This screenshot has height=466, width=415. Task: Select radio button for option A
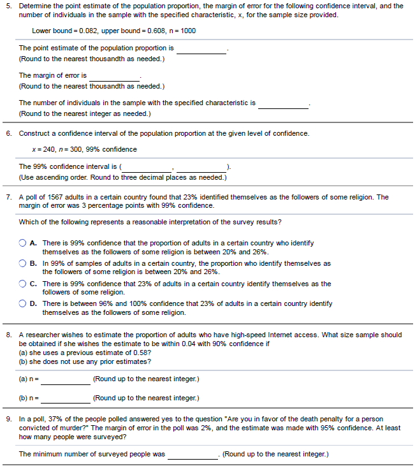point(23,243)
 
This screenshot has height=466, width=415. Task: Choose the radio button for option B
point(23,263)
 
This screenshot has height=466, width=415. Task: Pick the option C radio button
point(23,284)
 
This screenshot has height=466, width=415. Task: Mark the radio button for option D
point(23,304)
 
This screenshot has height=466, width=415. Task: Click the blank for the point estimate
point(201,49)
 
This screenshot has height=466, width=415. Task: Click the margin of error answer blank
point(114,76)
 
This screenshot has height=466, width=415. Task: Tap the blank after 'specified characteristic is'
point(283,103)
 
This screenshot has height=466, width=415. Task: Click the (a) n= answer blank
point(66,380)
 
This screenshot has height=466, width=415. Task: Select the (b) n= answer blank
point(66,399)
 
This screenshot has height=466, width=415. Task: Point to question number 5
point(8,6)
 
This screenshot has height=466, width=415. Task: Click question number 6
point(8,134)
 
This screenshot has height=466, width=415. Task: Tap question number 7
point(8,198)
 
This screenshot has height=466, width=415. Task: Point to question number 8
point(8,335)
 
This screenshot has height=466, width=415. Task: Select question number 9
point(8,419)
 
